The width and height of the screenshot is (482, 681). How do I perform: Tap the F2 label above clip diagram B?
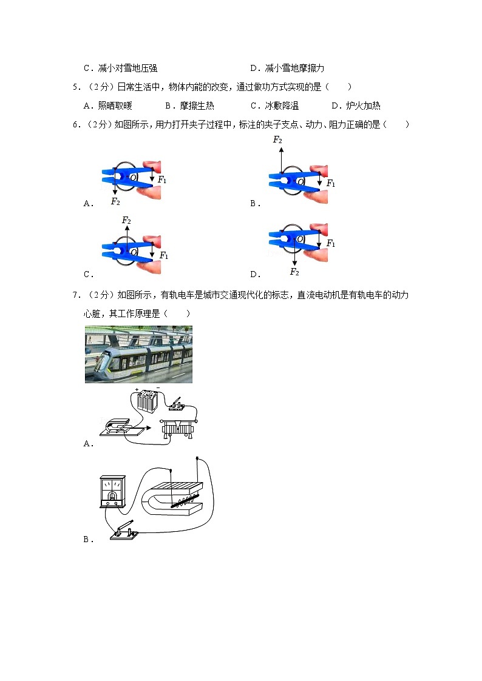click(277, 140)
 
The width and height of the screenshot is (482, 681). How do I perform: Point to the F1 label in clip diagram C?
click(164, 256)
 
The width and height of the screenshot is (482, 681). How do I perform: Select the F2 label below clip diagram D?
click(294, 272)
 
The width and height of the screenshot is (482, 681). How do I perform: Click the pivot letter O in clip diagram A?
click(133, 176)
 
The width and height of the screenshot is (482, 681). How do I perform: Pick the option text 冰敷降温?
click(282, 106)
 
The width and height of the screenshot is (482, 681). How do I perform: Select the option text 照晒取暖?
click(115, 106)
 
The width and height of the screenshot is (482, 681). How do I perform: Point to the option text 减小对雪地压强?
click(131, 69)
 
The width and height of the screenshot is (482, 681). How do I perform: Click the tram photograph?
click(138, 355)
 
